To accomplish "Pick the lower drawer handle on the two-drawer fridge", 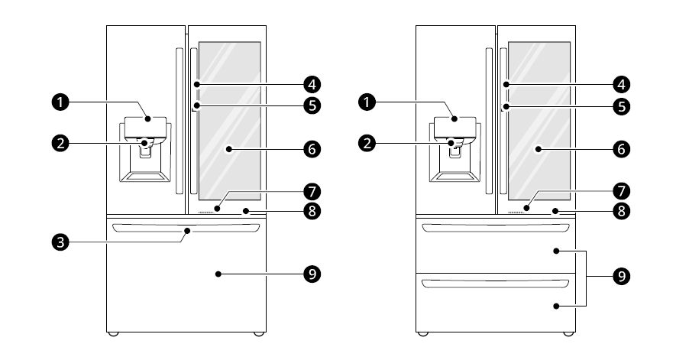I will point(496,284).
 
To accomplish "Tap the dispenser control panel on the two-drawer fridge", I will point(455,125).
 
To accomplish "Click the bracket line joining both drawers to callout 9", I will point(587,277).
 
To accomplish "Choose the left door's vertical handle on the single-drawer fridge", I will point(179,121).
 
